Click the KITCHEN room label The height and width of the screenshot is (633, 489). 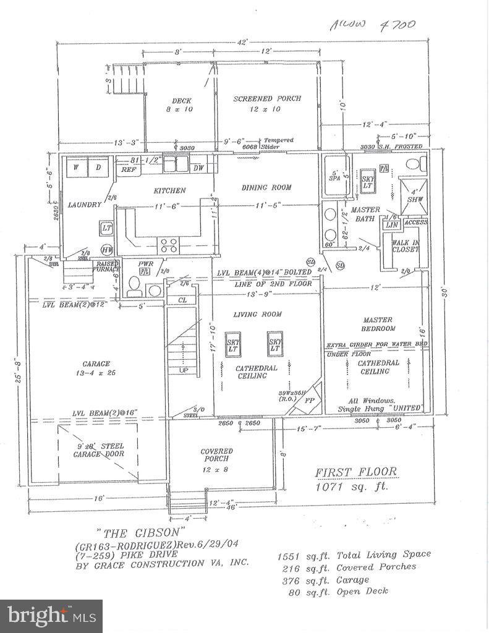(x=170, y=190)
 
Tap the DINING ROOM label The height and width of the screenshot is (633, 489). (x=266, y=187)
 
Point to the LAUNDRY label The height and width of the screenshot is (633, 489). (x=85, y=205)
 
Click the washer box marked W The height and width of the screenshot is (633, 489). (x=77, y=167)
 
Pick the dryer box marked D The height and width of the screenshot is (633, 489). (x=99, y=167)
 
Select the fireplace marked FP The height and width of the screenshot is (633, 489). (x=309, y=399)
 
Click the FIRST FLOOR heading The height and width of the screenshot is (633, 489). (x=356, y=472)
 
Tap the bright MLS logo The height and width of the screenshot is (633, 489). (x=51, y=616)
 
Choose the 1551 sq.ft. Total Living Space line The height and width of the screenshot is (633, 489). (x=354, y=554)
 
